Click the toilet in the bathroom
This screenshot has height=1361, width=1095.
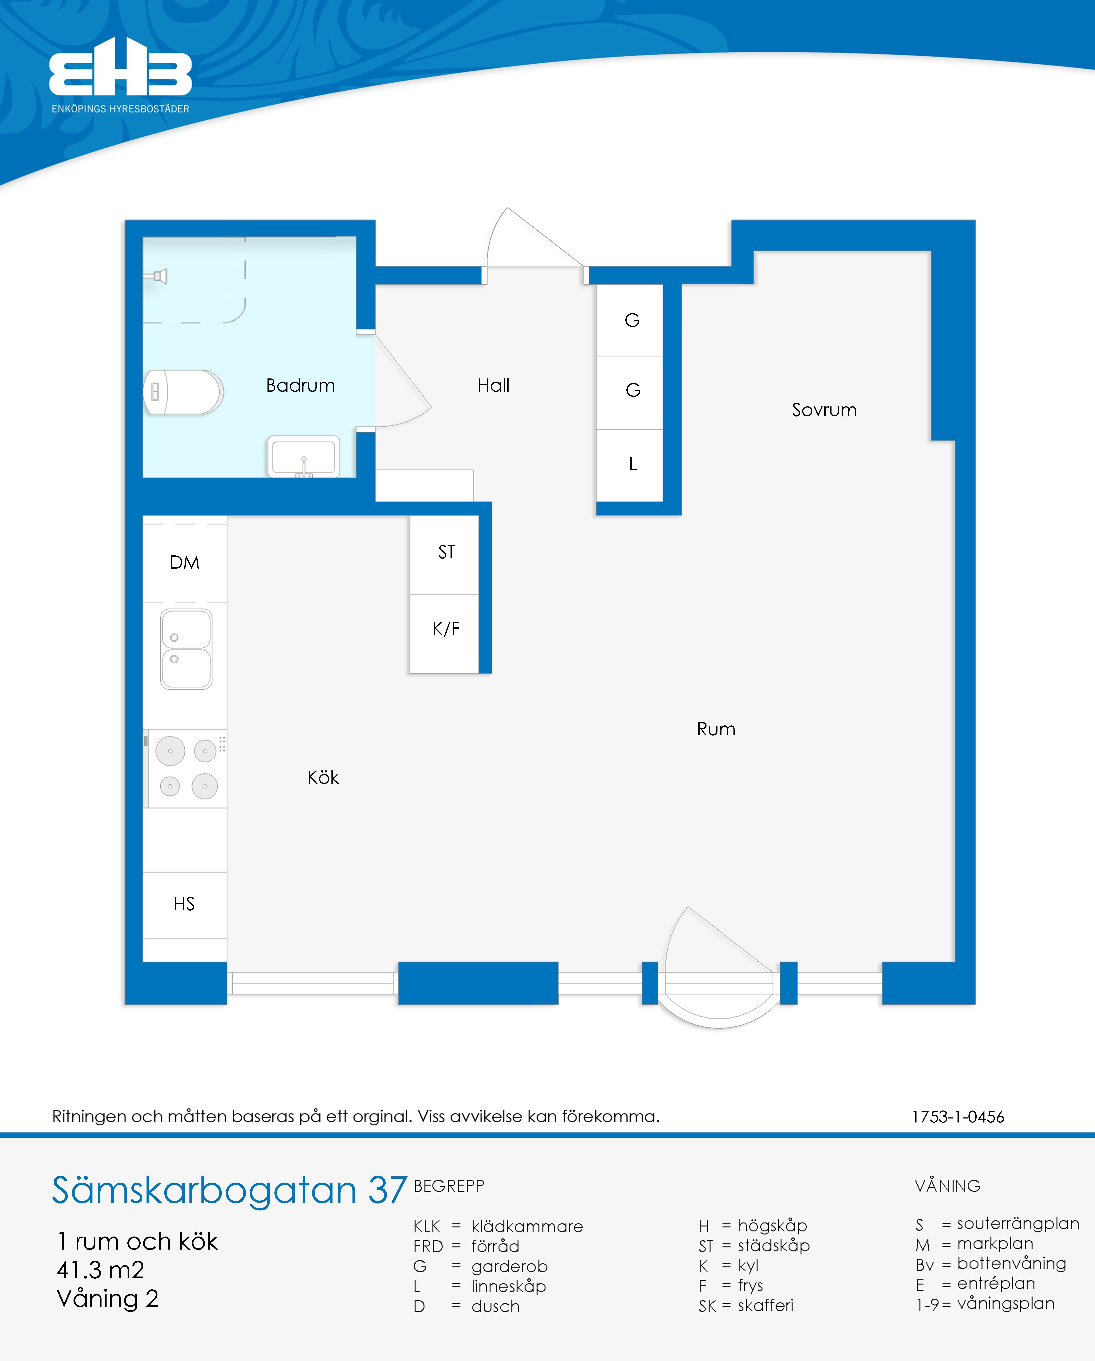(183, 392)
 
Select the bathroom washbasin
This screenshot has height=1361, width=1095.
(304, 456)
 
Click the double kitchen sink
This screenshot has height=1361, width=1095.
(186, 649)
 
